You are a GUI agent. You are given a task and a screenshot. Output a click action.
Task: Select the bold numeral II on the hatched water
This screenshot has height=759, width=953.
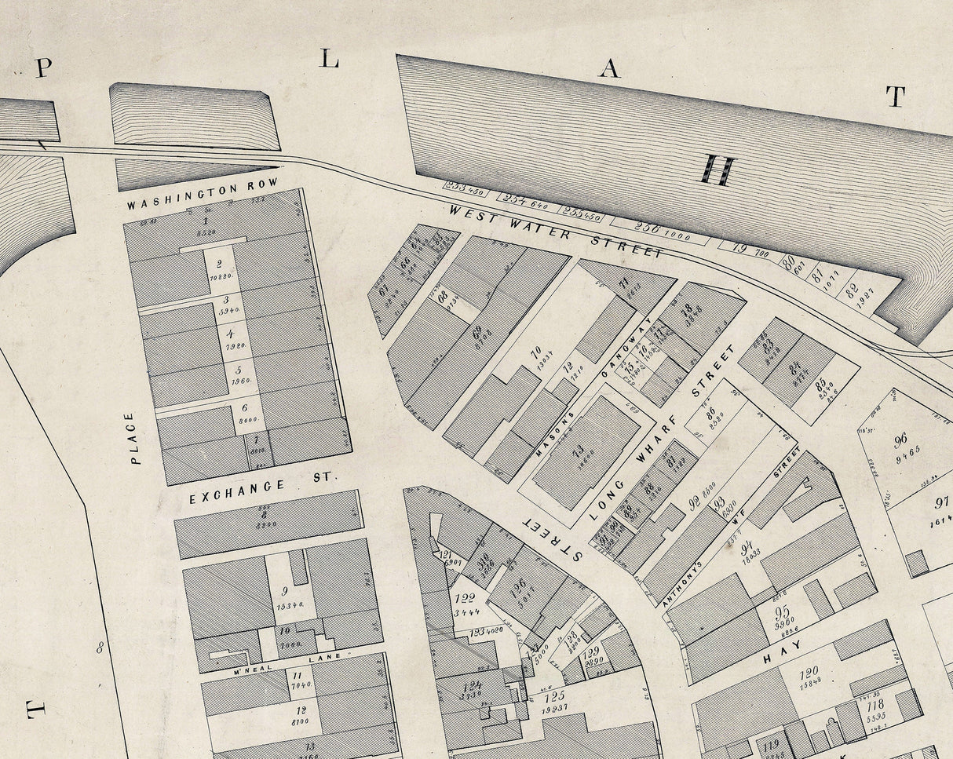[x=718, y=170]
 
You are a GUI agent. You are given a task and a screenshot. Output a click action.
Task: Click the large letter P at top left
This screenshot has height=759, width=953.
[x=43, y=69]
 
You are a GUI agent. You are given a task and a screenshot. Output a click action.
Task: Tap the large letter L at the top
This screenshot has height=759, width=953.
[x=329, y=57]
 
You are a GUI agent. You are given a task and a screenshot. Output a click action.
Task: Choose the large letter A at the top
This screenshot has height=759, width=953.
[x=609, y=69]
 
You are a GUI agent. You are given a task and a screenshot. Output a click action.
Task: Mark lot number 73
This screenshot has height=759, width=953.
[x=578, y=450]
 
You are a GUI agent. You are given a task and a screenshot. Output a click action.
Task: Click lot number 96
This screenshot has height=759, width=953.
[x=900, y=440]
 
